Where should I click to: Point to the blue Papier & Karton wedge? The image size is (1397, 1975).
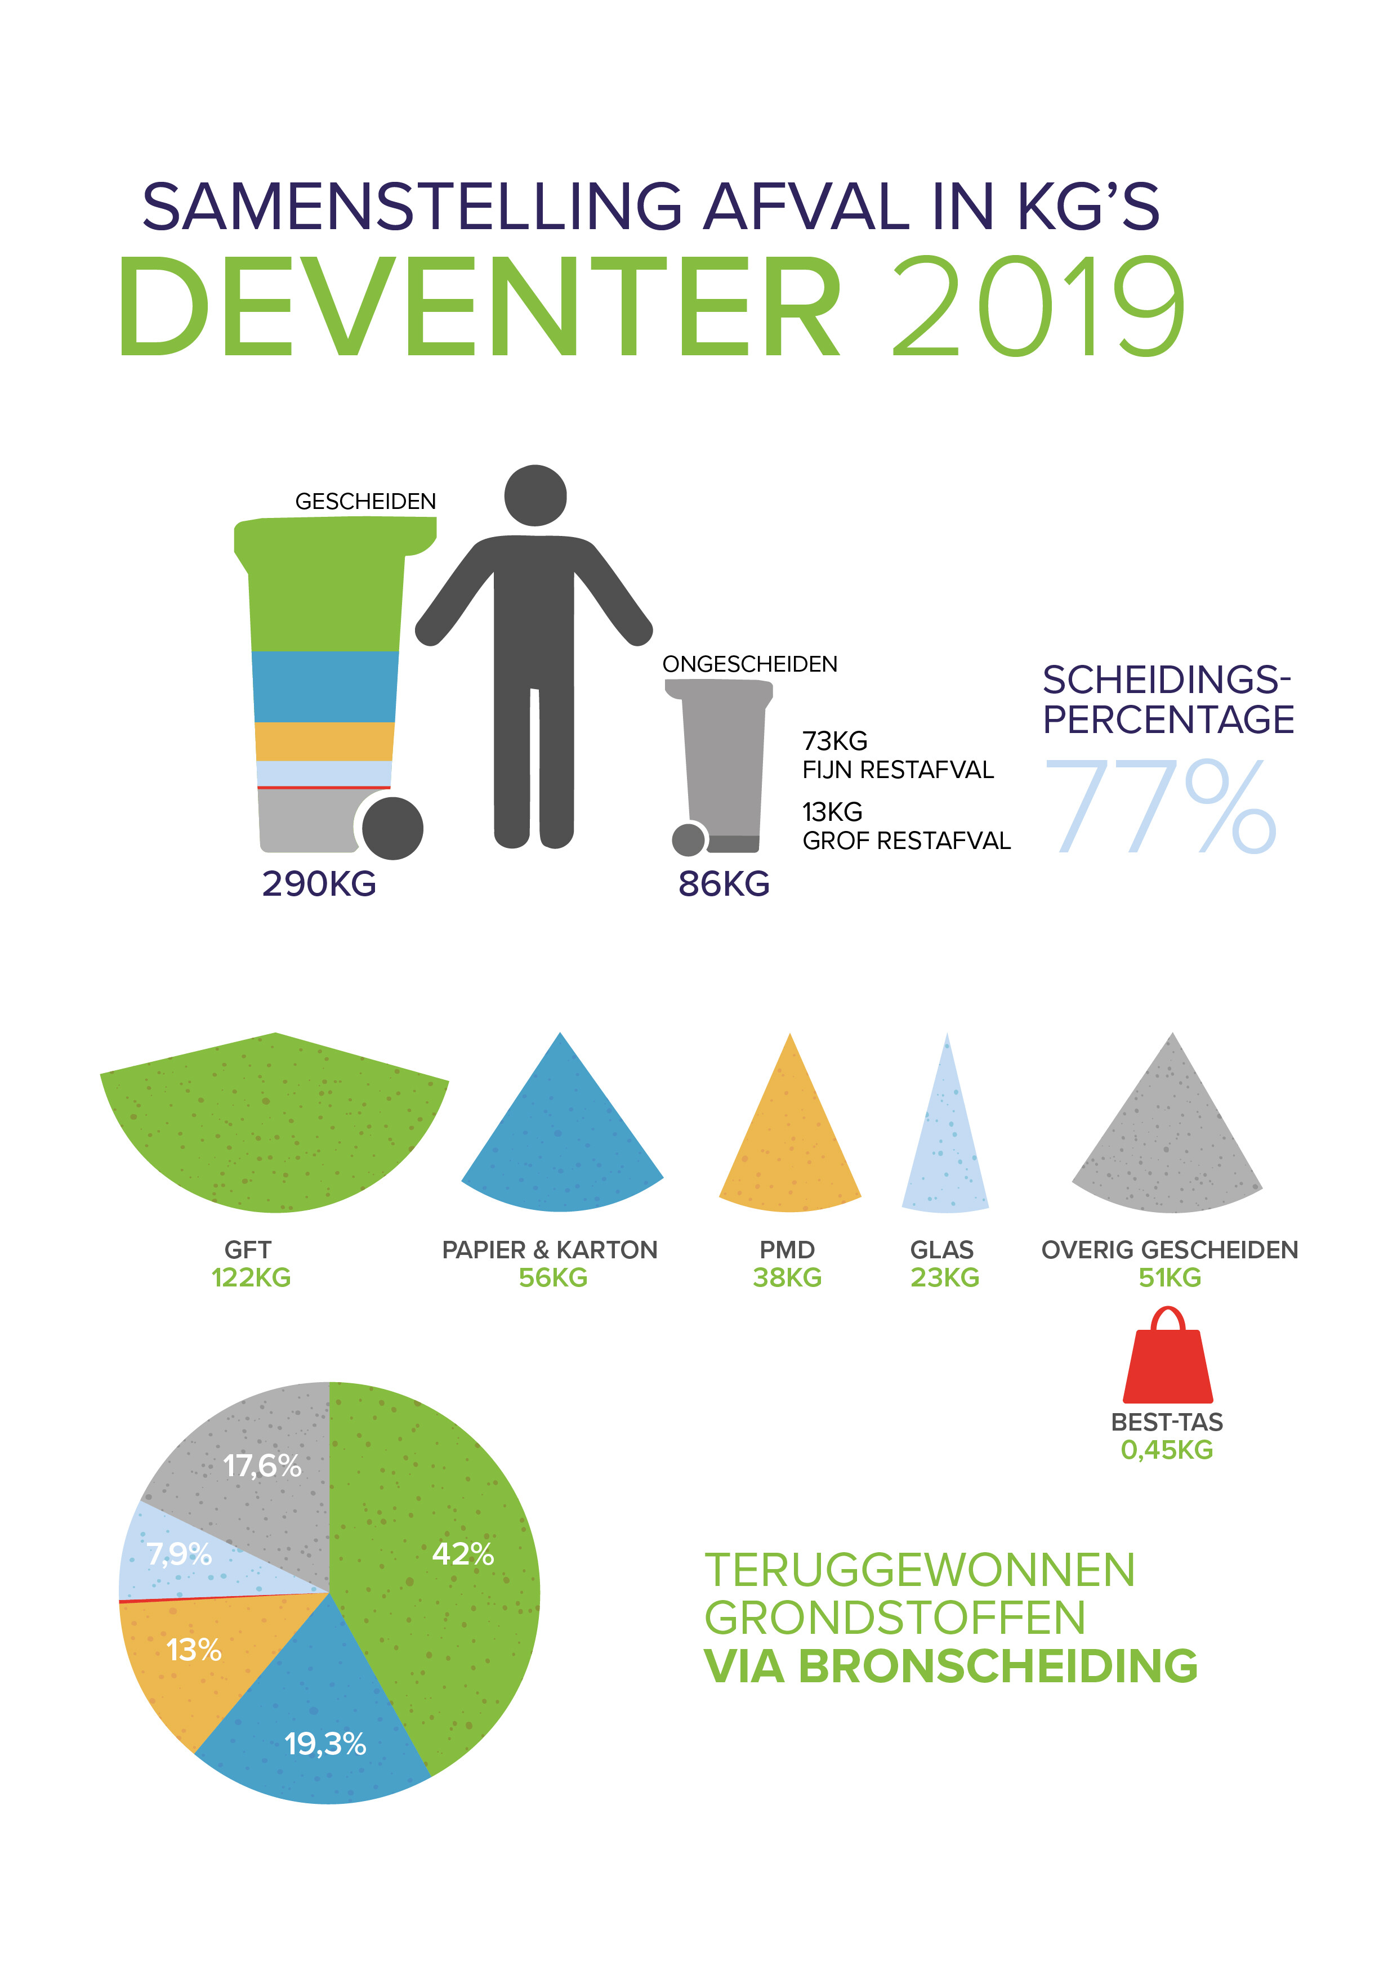tap(561, 1136)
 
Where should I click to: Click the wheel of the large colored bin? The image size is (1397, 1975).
tap(393, 828)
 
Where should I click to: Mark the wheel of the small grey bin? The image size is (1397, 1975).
tap(688, 839)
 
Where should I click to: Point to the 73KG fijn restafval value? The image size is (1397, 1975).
tap(834, 741)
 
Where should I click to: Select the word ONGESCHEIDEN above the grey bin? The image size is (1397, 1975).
tap(749, 664)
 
